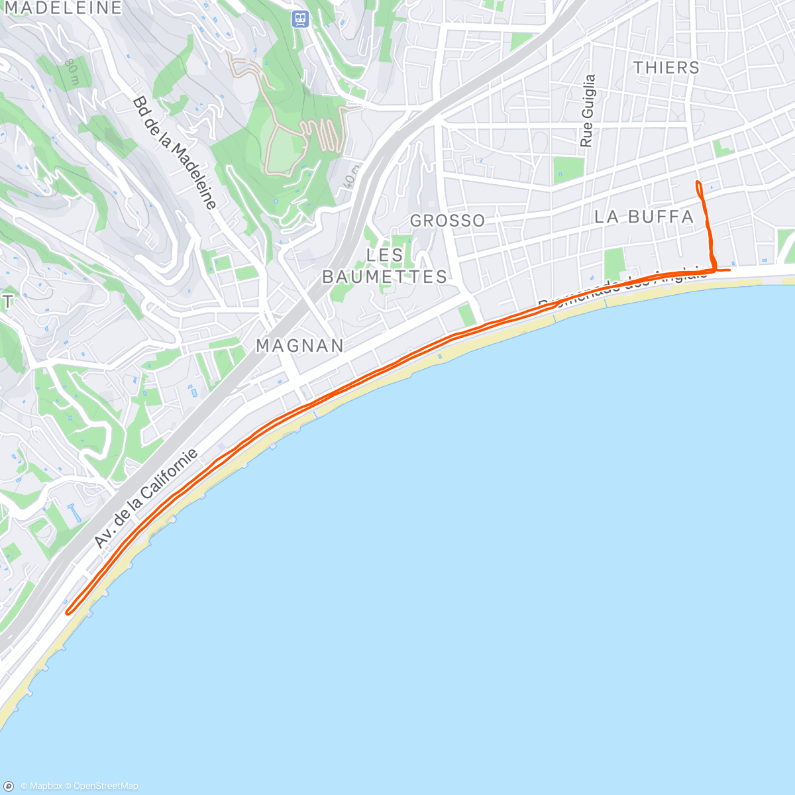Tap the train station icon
coord(301,19)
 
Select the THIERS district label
coord(666,68)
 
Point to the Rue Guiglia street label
coord(588,111)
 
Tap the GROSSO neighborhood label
coord(448,221)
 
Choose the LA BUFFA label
coord(644,217)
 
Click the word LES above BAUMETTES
coord(385,255)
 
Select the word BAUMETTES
coord(385,277)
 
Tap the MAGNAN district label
coord(300,346)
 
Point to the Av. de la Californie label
coord(146,498)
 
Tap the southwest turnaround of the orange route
coord(68,611)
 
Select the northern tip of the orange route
coord(698,182)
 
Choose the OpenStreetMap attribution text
coord(105,786)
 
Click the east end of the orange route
coord(729,270)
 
